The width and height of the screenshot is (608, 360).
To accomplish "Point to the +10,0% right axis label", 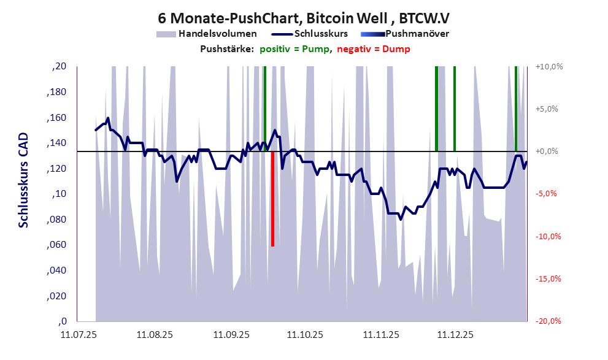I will [549, 66].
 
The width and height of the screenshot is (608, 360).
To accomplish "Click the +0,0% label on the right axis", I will [549, 151].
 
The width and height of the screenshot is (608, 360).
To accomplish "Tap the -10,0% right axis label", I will [549, 237].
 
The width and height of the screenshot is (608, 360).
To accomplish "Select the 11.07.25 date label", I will [77, 335].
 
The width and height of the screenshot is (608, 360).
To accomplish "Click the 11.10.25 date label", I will [306, 335].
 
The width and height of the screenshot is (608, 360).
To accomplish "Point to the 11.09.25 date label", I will [231, 335].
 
